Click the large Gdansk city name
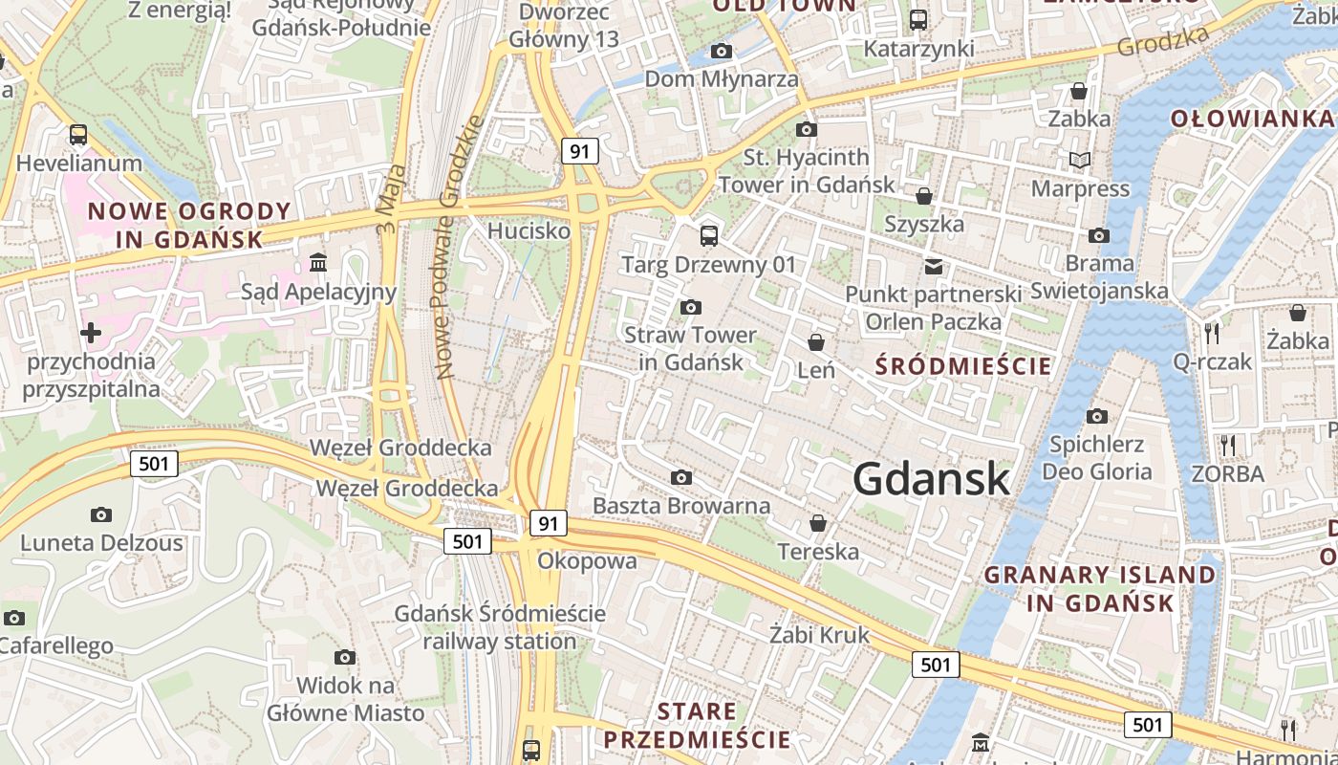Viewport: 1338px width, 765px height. (931, 478)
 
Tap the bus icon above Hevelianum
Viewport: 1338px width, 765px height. (78, 135)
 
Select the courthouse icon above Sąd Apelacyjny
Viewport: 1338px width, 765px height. (317, 262)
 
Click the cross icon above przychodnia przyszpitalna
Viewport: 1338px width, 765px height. (91, 333)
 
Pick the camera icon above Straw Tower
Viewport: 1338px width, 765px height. (690, 307)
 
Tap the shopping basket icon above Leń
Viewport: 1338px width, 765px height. (816, 341)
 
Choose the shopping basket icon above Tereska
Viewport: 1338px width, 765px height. (818, 523)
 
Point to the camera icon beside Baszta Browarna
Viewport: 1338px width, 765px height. (681, 477)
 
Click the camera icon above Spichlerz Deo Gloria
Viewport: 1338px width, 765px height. (1097, 416)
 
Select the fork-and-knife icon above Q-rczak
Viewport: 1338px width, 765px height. (1212, 333)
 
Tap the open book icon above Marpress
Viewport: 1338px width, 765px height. (1080, 160)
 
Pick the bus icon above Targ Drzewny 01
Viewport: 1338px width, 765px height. (708, 235)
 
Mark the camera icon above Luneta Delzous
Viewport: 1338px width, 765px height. (100, 514)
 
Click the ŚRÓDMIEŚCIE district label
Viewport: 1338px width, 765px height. (963, 366)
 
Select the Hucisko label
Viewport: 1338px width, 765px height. (529, 231)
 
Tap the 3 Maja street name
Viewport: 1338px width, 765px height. (391, 199)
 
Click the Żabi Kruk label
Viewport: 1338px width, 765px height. (820, 635)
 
